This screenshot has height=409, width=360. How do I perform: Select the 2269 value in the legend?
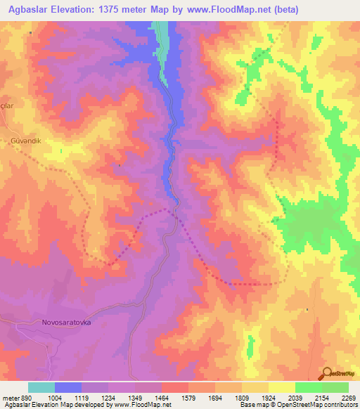349,397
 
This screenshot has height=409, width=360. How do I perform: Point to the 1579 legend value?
175,397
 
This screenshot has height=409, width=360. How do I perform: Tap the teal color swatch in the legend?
41,387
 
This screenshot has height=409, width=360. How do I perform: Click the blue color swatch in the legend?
68,387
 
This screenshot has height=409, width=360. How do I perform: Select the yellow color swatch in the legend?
282,387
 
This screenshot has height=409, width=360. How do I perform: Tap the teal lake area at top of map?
162,35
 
